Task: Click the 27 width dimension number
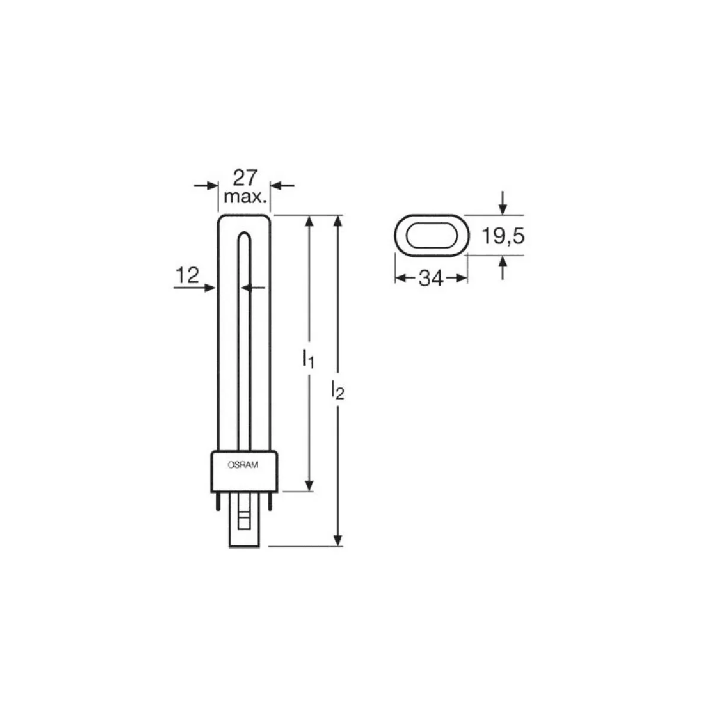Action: pos(244,178)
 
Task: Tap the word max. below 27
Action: pos(245,197)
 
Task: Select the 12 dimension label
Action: pos(187,275)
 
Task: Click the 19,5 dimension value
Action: pos(503,236)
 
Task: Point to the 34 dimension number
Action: pos(431,279)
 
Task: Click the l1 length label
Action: pos(308,358)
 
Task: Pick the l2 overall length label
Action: pos(338,390)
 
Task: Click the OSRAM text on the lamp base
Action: pos(243,465)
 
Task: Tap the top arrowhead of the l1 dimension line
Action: pos(309,222)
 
